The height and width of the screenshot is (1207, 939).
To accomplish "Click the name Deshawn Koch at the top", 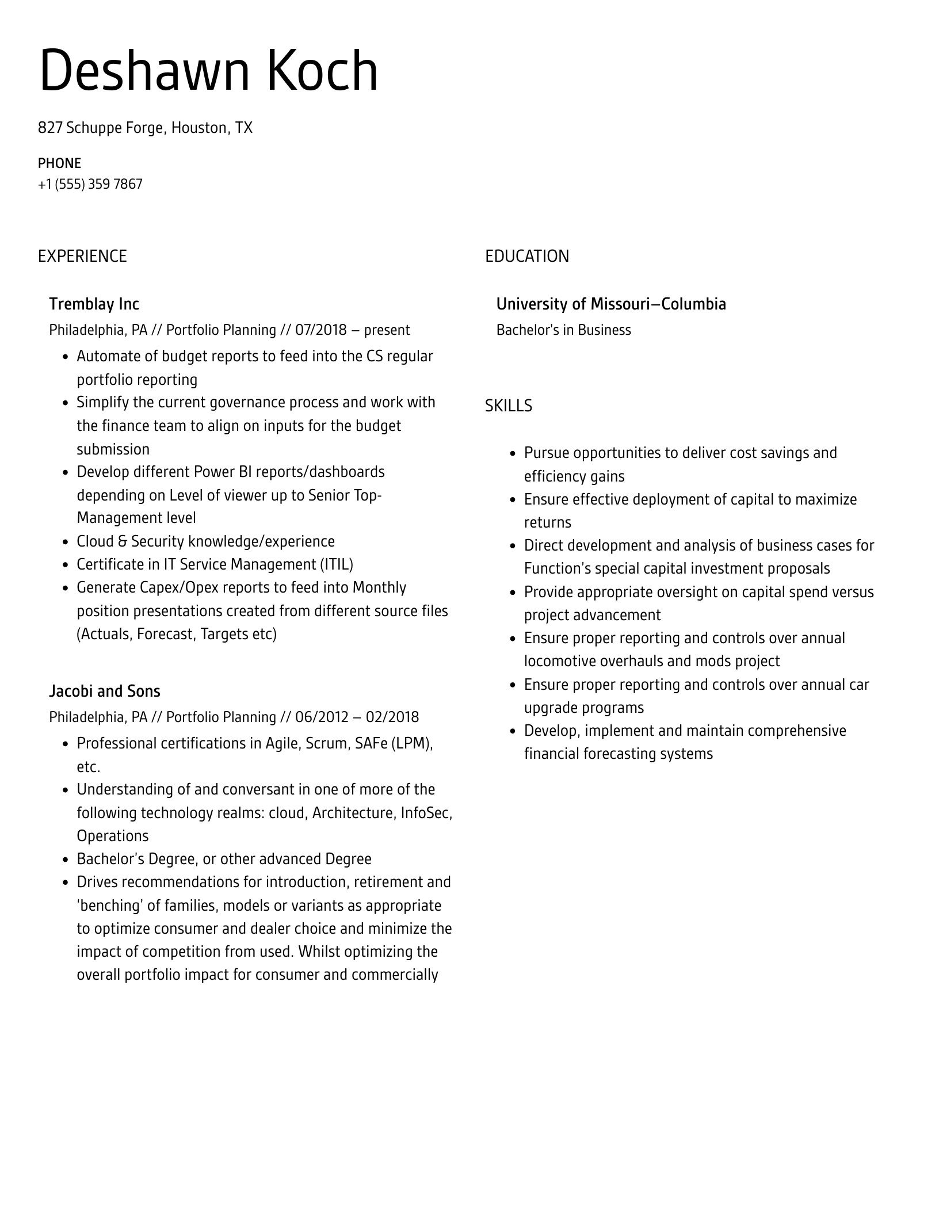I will click(208, 71).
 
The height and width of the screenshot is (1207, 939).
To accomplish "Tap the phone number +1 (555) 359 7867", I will click(90, 184).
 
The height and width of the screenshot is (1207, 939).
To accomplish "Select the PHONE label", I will click(59, 163).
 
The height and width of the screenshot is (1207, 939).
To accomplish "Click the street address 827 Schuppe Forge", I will click(102, 128).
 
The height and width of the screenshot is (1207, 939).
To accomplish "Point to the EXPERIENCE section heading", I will click(82, 256).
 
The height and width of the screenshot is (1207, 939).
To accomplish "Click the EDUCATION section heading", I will click(526, 256).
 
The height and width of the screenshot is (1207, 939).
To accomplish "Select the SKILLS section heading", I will click(508, 406).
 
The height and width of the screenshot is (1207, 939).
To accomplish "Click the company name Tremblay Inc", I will click(94, 304).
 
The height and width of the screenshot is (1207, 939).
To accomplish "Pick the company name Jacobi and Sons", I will click(104, 691).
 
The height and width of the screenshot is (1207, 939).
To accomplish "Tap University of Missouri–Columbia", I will click(610, 304).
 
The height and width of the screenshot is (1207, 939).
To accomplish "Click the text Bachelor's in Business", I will click(563, 330).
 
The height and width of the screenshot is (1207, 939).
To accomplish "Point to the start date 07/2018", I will click(320, 330).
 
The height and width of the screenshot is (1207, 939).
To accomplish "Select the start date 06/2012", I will click(322, 717).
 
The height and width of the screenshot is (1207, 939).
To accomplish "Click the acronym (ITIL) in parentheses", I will click(336, 564).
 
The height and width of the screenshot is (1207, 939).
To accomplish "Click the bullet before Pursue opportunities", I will click(513, 453).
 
